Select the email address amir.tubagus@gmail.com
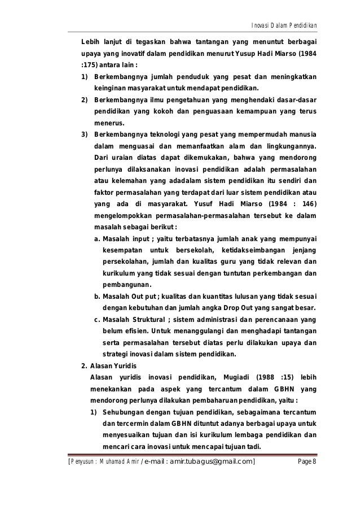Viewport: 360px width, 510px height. pos(205,464)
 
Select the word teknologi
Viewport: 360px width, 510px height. pos(157,134)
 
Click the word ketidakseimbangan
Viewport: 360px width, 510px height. pos(254,251)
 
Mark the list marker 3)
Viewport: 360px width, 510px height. pos(85,134)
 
